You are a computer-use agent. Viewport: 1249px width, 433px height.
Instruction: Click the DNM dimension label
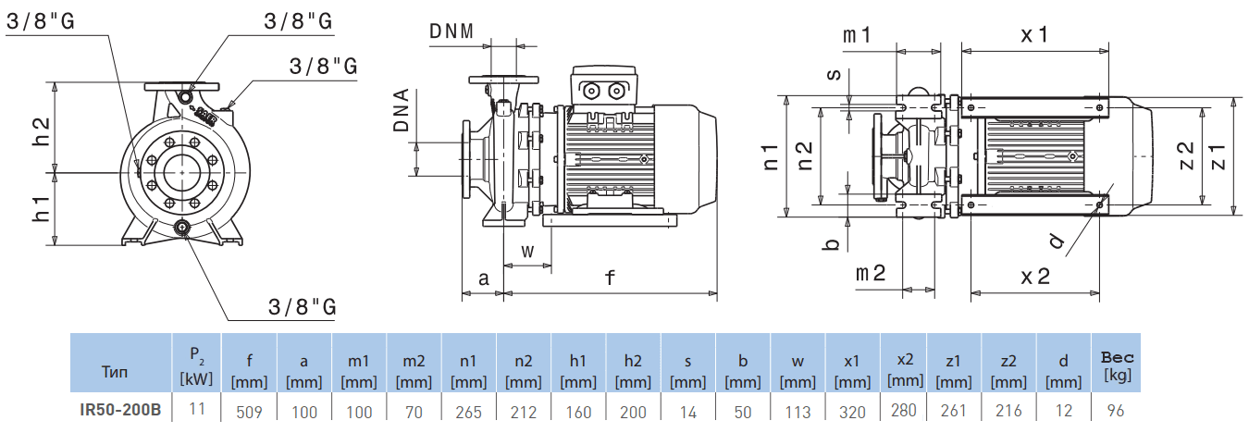coord(451,31)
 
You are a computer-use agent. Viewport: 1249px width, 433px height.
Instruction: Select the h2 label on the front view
coord(42,130)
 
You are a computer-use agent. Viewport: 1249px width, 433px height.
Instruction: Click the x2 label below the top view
coord(1035,276)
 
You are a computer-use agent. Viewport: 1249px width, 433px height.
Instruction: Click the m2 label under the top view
coord(870,273)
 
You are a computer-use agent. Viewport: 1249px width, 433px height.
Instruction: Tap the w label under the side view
coord(527,250)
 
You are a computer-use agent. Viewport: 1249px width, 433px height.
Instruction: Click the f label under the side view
coord(610,277)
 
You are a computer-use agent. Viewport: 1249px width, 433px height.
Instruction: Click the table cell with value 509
coord(250,412)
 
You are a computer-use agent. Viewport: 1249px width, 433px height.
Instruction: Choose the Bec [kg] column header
coord(1117,365)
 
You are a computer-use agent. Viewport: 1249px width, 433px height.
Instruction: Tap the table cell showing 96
coord(1117,412)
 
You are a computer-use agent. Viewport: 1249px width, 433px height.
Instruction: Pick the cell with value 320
coord(852,412)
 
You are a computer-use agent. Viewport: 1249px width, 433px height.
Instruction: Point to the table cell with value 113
coord(798,412)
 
